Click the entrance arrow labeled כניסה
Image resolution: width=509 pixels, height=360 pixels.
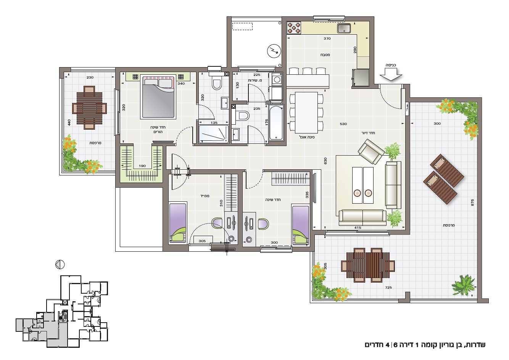[391, 74]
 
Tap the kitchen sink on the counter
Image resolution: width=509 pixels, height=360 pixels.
[344, 28]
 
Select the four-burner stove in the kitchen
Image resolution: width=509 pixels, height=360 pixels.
[293, 28]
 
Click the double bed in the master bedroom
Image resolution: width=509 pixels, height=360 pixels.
[158, 97]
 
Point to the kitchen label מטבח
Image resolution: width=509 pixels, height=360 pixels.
[325, 55]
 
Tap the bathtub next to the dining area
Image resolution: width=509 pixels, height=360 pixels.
[276, 122]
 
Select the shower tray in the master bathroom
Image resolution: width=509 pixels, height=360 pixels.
[213, 134]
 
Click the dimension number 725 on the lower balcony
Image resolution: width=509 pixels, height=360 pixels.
[388, 288]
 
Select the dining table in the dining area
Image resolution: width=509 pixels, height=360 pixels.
[306, 112]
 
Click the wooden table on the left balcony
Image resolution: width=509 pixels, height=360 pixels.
[89, 108]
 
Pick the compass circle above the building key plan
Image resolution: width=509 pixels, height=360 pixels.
[60, 265]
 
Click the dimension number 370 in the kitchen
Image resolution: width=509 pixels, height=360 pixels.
[327, 39]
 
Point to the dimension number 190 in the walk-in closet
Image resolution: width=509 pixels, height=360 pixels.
[142, 166]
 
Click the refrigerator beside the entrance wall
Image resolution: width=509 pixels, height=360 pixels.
[361, 78]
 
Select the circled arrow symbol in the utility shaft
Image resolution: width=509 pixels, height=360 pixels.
[274, 51]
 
